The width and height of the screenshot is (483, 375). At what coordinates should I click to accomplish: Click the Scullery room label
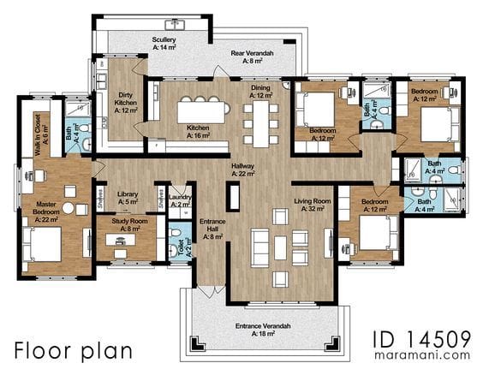pos(164,44)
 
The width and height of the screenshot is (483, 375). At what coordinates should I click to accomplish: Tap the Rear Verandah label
pos(252,57)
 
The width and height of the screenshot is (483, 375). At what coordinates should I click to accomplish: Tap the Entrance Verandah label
pos(264,330)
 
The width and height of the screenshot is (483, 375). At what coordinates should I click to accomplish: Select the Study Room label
pos(132,225)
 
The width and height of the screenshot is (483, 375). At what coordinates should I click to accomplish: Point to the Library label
pos(128,198)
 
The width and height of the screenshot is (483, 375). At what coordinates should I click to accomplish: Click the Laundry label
pos(181,202)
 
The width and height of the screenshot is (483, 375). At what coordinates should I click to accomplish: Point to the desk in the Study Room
pos(126,239)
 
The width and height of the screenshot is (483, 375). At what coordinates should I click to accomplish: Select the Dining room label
pos(260,91)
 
